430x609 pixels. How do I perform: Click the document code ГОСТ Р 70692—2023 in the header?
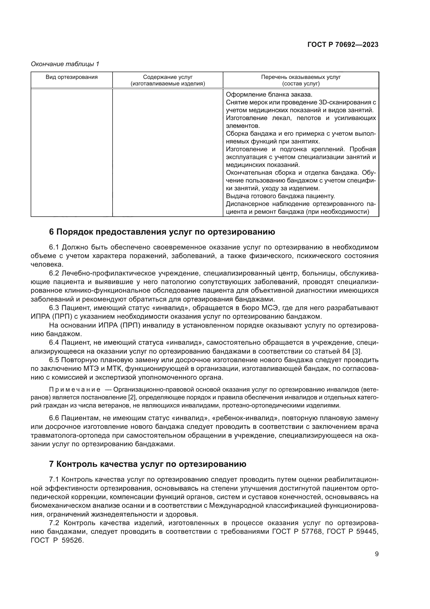pyautogui.click(x=343, y=45)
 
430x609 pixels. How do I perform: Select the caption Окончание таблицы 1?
pyautogui.click(x=65, y=64)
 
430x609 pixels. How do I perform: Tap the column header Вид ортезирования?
pyautogui.click(x=71, y=77)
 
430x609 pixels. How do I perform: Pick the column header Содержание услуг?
pyautogui.click(x=168, y=77)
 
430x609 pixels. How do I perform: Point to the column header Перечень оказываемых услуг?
pyautogui.click(x=301, y=77)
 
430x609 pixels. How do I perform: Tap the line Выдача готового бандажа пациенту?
pyautogui.click(x=281, y=196)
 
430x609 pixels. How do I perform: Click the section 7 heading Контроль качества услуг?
pyautogui.click(x=148, y=464)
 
